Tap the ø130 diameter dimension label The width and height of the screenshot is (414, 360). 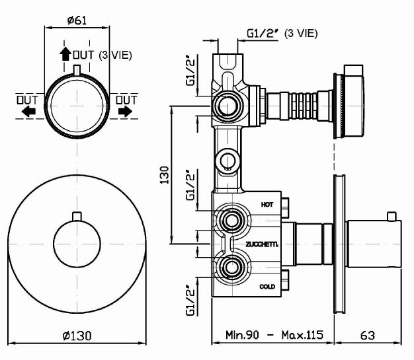click(x=77, y=336)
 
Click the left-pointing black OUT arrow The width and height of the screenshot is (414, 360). click(x=28, y=112)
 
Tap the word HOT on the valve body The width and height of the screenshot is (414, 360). click(x=267, y=204)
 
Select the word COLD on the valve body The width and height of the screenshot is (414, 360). click(x=267, y=286)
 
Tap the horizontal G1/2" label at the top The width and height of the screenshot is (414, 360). click(x=261, y=32)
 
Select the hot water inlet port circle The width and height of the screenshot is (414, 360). click(x=231, y=220)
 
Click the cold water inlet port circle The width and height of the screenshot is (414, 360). click(x=231, y=267)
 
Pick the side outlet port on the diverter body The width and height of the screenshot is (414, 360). click(x=228, y=106)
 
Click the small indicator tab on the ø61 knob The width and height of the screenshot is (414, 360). click(x=77, y=70)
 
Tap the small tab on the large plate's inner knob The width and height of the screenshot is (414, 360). click(x=77, y=216)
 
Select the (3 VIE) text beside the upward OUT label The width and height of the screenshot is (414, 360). click(x=115, y=55)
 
